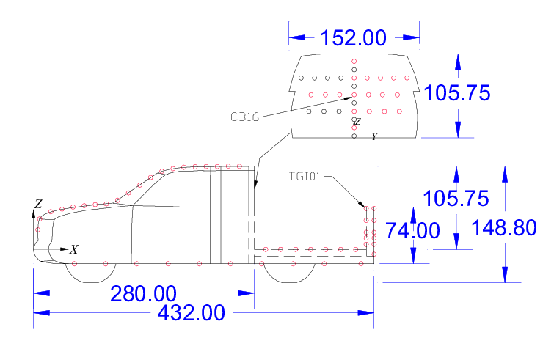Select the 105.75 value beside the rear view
(x=458, y=93)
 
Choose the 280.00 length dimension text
(x=144, y=294)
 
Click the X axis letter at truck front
(x=73, y=250)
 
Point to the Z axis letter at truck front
(x=39, y=203)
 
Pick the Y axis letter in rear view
(x=374, y=137)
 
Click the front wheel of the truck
(x=95, y=272)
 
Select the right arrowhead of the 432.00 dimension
(x=370, y=313)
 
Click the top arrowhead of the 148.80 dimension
(x=505, y=173)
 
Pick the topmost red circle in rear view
(x=354, y=61)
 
